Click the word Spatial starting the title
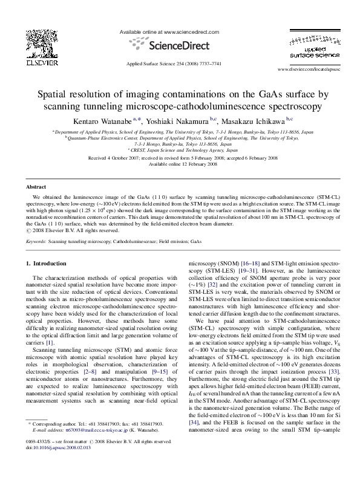click(x=54, y=95)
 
